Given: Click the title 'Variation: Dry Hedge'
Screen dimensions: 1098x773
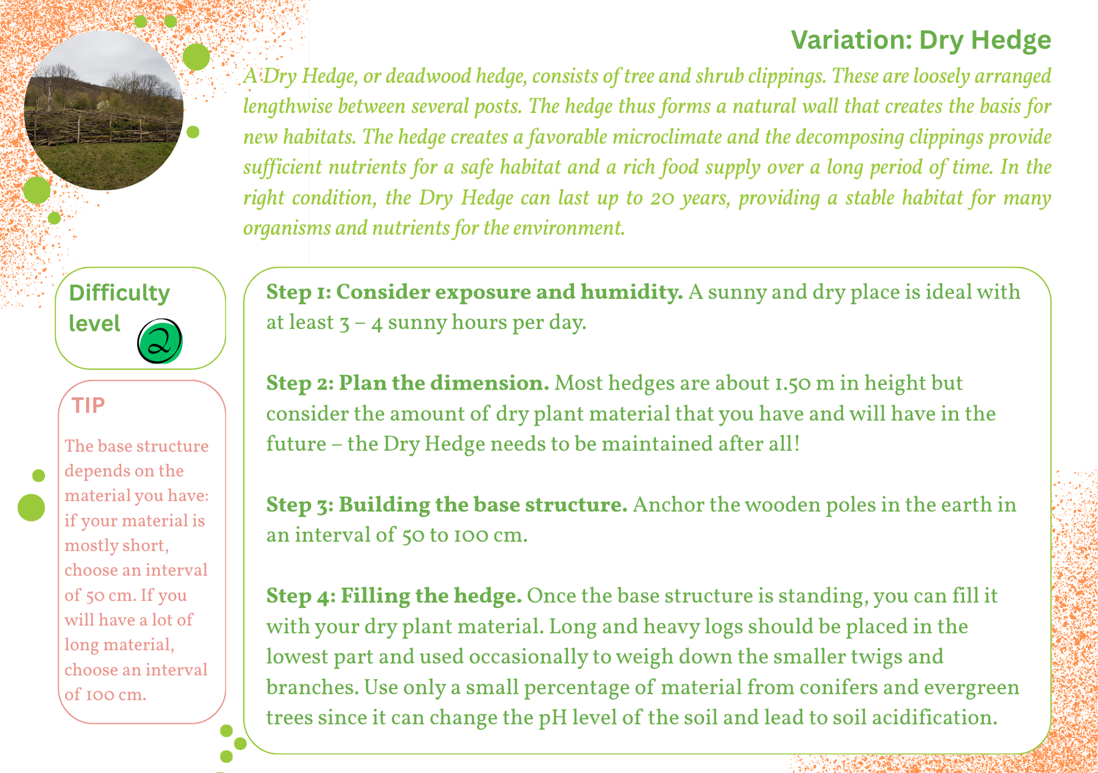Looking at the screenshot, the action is tap(921, 40).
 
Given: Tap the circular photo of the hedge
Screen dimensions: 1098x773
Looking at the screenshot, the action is tap(104, 110).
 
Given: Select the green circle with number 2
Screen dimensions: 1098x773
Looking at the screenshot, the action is tap(160, 341).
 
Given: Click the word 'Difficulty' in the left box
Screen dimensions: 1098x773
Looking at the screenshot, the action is tap(119, 294).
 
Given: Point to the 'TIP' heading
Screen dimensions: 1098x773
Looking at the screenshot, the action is tap(88, 405).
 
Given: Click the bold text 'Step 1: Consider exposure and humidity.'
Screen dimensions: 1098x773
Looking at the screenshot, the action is tap(474, 292).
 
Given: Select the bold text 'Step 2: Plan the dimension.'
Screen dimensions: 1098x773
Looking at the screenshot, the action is tap(408, 383).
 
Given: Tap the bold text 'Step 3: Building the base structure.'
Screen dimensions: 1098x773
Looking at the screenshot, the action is tap(447, 505).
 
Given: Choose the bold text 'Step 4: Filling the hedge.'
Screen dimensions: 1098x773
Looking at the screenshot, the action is tap(394, 596).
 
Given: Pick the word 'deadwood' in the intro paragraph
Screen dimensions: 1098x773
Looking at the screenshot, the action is tap(428, 76).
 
